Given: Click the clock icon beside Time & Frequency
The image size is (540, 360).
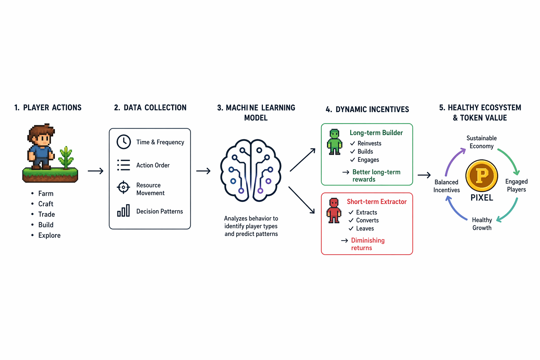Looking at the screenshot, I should [124, 142].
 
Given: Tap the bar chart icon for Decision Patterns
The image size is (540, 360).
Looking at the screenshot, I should [123, 211].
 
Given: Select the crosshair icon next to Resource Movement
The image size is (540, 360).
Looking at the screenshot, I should [123, 187].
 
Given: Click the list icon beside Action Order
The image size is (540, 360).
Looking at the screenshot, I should [123, 165].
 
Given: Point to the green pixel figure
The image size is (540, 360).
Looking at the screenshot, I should [334, 142].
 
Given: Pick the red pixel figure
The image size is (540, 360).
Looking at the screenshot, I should [334, 211].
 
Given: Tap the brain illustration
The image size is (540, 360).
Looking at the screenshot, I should [251, 171].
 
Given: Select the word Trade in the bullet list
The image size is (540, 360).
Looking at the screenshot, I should [46, 214].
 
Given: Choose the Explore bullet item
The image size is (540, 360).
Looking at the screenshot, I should [49, 235].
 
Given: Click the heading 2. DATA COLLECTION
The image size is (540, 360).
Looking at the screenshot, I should [150, 108].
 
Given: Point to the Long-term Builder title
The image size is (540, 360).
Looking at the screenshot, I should [376, 133].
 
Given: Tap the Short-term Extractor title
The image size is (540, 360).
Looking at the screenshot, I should [377, 201].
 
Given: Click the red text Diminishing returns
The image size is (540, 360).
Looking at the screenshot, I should [367, 244].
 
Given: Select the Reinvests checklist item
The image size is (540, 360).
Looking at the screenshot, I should [369, 143].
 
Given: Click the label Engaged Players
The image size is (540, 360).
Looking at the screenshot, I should [516, 185].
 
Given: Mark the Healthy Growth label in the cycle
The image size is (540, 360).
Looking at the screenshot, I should [482, 224].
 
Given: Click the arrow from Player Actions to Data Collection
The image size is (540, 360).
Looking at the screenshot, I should [95, 171].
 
